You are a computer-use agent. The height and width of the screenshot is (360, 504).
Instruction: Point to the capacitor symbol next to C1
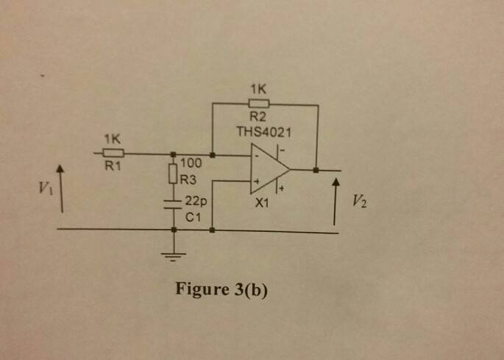click(174, 204)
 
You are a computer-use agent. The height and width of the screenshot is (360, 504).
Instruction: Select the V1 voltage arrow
click(61, 188)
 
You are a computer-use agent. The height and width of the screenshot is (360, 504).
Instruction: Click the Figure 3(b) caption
click(221, 289)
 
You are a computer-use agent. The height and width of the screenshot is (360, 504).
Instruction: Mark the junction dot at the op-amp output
click(316, 170)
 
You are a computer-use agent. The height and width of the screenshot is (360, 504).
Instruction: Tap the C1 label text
click(192, 218)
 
